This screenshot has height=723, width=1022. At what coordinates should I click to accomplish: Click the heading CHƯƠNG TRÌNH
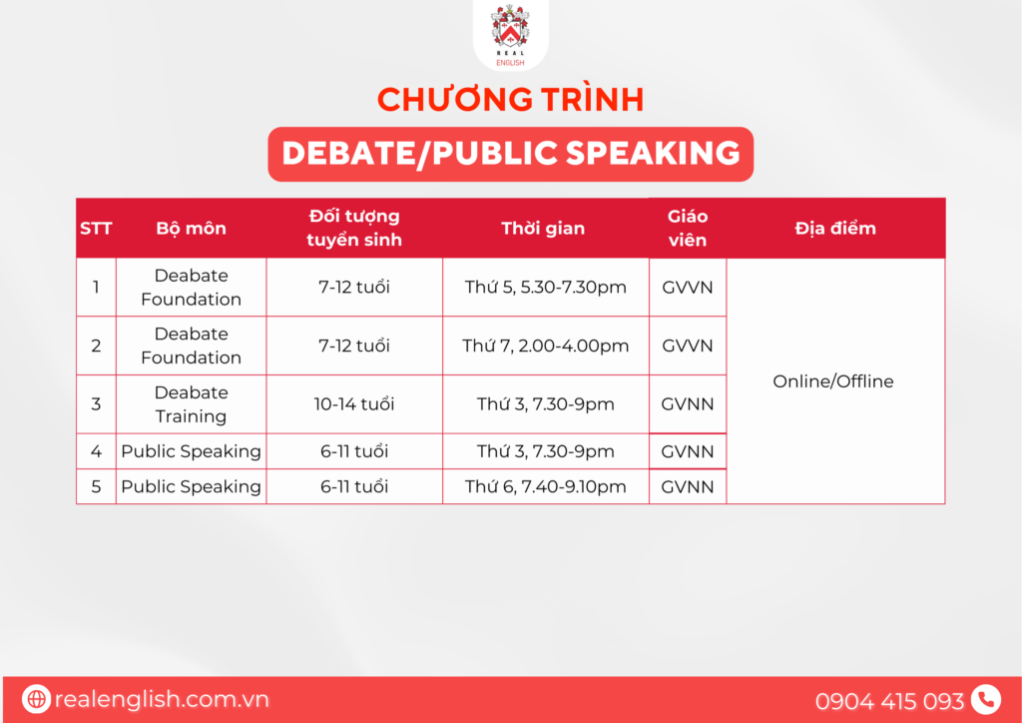point(510,100)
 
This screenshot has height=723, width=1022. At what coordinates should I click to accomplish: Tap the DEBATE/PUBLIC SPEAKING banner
point(510,154)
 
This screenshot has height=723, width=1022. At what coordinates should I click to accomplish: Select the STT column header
point(96,228)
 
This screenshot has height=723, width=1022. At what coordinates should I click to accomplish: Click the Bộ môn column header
point(191,228)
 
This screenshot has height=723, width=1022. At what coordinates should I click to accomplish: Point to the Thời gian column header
point(543,228)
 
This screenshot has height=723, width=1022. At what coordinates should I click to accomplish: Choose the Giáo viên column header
point(688,228)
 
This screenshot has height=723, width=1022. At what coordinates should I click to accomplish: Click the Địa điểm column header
point(835,228)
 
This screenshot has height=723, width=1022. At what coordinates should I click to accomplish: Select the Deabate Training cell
point(191,404)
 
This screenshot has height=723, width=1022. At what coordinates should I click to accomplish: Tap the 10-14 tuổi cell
point(354,404)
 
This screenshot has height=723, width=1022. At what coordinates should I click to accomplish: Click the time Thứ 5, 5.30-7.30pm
point(546,287)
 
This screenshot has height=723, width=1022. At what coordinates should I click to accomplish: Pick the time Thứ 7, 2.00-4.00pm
point(546,346)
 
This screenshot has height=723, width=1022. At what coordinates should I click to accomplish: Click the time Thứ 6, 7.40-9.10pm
point(546,486)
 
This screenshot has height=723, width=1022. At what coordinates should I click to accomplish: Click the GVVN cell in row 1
point(688,287)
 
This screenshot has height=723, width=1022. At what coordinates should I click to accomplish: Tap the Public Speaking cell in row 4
point(191,451)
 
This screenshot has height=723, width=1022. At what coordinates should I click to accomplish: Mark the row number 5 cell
point(96,486)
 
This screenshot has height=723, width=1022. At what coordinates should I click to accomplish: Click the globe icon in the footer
point(37,699)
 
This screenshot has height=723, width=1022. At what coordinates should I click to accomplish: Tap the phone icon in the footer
point(985,699)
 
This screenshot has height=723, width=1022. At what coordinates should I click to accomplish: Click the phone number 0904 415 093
point(889,701)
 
